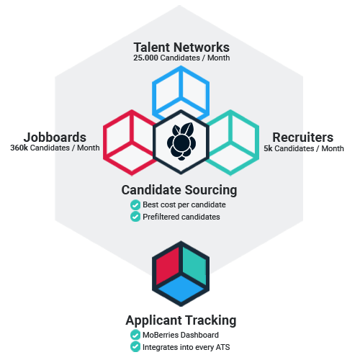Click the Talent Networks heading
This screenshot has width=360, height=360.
pyautogui.click(x=181, y=48)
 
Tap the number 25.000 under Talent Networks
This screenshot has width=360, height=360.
pyautogui.click(x=145, y=58)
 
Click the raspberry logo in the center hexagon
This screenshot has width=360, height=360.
pyautogui.click(x=181, y=142)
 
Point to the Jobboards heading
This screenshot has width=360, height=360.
pyautogui.click(x=55, y=138)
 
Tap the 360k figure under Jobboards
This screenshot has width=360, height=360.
pyautogui.click(x=19, y=148)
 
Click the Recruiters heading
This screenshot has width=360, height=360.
pyautogui.click(x=303, y=138)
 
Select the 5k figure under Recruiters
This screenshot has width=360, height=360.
pyautogui.click(x=268, y=148)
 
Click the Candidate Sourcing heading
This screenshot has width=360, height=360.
pyautogui.click(x=179, y=190)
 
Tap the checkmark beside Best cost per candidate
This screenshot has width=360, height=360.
pyautogui.click(x=135, y=205)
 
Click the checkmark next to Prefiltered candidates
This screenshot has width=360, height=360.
pyautogui.click(x=135, y=217)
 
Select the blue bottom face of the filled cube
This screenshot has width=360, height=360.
pyautogui.click(x=181, y=289)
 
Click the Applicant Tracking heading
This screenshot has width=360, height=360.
pyautogui.click(x=181, y=320)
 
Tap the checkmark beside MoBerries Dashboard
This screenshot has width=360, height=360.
pyautogui.click(x=135, y=335)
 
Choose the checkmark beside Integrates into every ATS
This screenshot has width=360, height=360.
pyautogui.click(x=135, y=347)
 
